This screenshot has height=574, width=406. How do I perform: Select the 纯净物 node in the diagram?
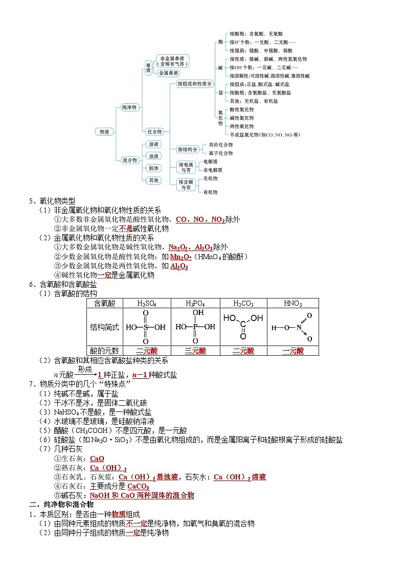coord(129,107)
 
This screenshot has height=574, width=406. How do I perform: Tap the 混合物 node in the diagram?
coord(130,160)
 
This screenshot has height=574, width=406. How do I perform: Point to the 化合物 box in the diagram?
coord(154,131)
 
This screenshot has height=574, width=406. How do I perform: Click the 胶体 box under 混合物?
coord(153,168)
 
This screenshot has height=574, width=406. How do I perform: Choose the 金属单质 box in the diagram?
coord(168,74)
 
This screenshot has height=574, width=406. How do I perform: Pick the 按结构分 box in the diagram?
coord(187,149)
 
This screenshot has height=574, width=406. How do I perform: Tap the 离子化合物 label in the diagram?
coord(220,153)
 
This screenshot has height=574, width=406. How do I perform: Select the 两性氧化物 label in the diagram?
coord(241,126)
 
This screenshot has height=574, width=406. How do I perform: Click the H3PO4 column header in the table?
coord(195,304)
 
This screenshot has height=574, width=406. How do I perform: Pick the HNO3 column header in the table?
coord(293,304)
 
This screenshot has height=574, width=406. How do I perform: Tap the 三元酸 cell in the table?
coord(195,351)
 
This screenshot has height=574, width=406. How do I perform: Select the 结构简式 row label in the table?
coord(104,327)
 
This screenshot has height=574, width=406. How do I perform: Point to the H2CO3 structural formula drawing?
coord(243,326)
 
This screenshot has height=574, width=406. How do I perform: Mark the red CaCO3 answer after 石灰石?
coord(138,486)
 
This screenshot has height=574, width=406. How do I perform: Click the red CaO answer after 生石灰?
coord(97,458)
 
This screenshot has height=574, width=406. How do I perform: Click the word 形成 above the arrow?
coord(85,369)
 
